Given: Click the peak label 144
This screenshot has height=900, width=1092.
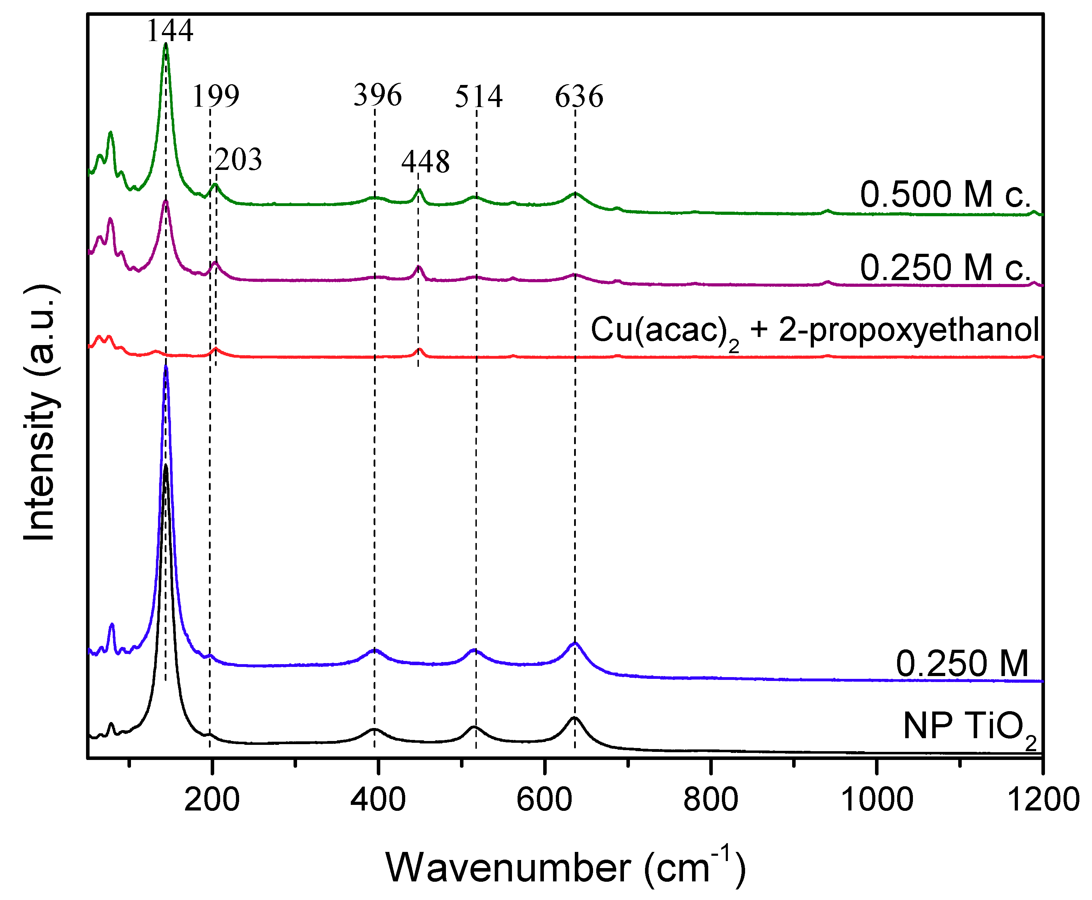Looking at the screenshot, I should [x=170, y=30].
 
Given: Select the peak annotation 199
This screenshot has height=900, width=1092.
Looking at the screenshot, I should [x=216, y=97].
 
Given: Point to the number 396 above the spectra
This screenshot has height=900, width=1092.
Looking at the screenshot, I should [x=377, y=95].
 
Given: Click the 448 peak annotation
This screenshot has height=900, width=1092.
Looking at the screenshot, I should [x=425, y=162].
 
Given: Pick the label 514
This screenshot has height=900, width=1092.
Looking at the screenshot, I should [x=479, y=97].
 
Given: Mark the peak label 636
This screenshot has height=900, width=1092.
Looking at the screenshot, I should [x=579, y=97].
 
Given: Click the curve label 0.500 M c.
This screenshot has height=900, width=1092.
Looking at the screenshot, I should [x=945, y=194].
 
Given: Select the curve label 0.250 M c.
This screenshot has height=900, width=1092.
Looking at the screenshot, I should [x=945, y=268].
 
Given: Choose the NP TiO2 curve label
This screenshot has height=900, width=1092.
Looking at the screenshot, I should [x=969, y=727].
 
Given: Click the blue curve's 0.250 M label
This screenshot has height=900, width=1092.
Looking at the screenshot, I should [x=962, y=664].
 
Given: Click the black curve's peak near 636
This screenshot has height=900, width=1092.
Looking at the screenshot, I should [x=574, y=718].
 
